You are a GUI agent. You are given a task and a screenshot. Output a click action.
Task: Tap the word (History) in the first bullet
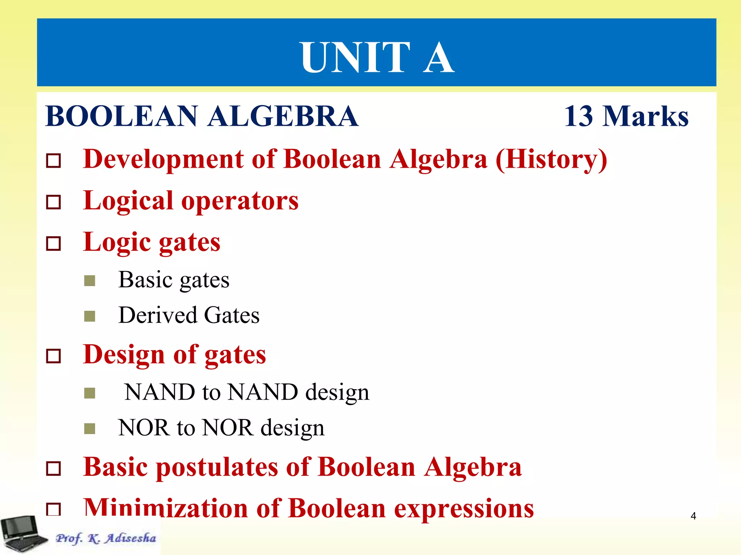click(x=551, y=159)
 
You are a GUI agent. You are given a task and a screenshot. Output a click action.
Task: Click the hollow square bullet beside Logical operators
click(x=54, y=202)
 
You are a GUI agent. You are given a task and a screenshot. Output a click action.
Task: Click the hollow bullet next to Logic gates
click(x=54, y=243)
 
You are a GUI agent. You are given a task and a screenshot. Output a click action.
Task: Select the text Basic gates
click(x=174, y=280)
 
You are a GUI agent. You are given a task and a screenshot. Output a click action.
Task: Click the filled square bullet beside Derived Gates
click(x=89, y=316)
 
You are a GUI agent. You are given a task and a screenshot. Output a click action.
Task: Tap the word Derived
click(x=157, y=315)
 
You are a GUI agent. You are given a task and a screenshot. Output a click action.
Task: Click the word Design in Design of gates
click(x=124, y=355)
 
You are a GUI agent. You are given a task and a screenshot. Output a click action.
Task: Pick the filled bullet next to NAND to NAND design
click(x=89, y=393)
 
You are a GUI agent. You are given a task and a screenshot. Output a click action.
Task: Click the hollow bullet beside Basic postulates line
click(x=54, y=469)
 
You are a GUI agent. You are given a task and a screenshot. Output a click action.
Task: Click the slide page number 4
click(x=693, y=516)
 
